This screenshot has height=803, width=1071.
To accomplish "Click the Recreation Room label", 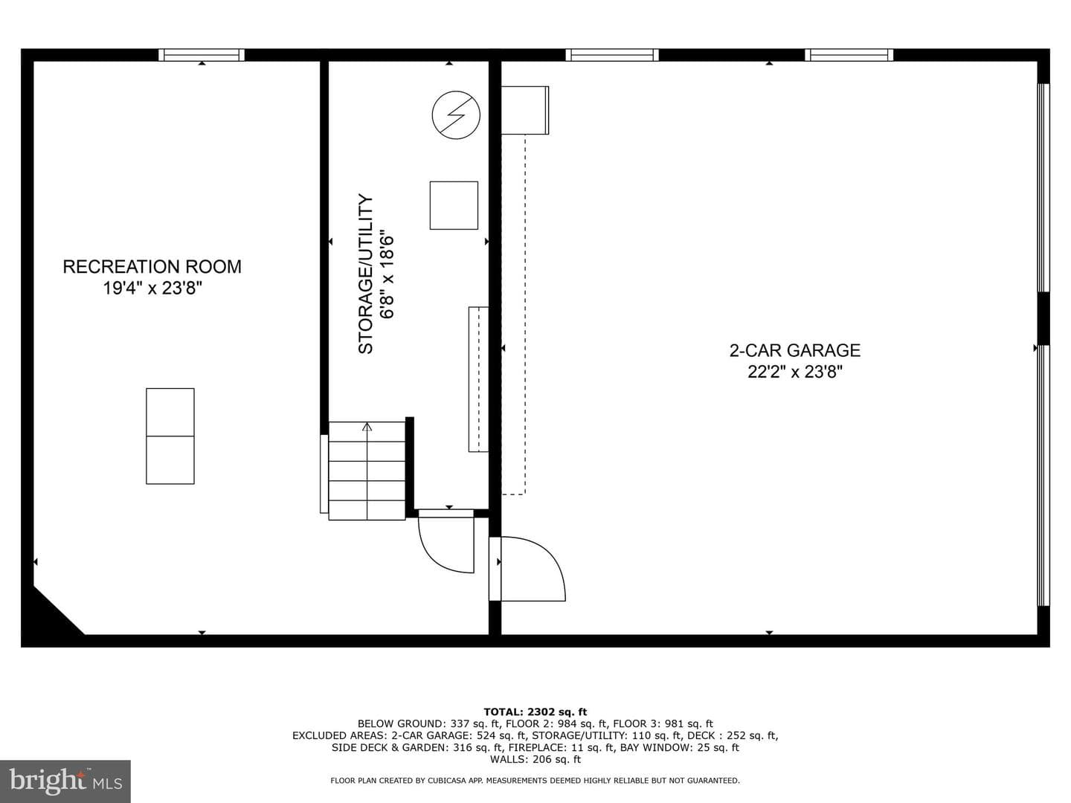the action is (152, 267).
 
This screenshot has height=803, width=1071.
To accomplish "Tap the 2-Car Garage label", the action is (795, 350).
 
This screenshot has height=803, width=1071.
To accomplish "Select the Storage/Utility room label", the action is (365, 274).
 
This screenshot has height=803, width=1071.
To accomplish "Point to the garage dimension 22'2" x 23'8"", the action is (795, 372).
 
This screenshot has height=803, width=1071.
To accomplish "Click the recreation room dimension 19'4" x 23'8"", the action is (152, 288).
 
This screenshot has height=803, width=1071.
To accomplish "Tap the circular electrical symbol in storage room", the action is (456, 115).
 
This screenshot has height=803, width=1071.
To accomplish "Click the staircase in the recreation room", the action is (367, 471).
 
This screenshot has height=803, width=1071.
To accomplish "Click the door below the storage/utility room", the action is (446, 541).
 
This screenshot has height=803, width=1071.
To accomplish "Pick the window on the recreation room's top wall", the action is (202, 55).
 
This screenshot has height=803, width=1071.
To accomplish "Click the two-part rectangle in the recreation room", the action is (170, 436).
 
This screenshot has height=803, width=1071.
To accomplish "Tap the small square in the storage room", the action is (454, 205).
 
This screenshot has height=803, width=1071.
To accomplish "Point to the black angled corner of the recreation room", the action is (49, 618).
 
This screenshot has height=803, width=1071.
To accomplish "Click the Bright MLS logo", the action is (65, 781).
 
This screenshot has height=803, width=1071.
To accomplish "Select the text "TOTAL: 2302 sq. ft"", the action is (535, 712).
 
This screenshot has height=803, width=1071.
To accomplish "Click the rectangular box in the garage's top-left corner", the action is (525, 110).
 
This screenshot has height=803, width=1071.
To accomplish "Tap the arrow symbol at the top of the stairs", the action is (367, 427).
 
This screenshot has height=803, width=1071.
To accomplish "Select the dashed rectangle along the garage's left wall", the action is (514, 315).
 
